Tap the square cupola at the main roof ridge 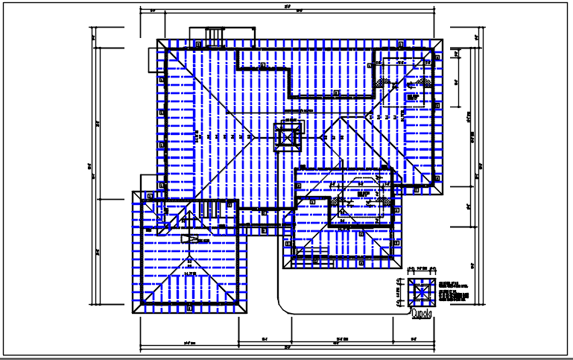pos(288,135)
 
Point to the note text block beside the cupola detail pos(454,292)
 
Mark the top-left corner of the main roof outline pos(157,40)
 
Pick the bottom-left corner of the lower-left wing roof pos(133,316)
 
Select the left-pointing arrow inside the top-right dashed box pos(412,96)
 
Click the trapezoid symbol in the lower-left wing pos(191,239)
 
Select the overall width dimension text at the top pos(287,7)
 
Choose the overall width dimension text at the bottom pos(287,348)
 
